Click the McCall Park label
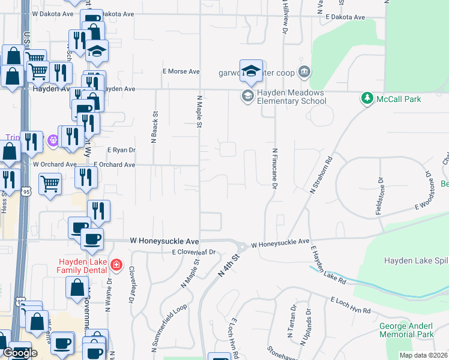tap(399, 99)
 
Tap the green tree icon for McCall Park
tap(367, 98)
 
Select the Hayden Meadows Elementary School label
tap(291, 97)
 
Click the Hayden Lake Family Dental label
tap(83, 266)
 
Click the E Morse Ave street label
tap(181, 71)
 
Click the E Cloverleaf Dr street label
tap(193, 253)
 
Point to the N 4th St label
tap(229, 265)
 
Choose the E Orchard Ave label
tap(115, 164)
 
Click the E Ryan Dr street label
tap(121, 151)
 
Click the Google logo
tap(19, 353)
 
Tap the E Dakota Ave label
tap(345, 17)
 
